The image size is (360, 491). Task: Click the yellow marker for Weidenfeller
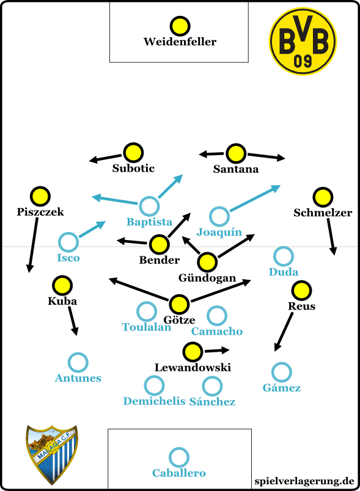point(180,26)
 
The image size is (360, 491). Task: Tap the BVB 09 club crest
point(303,42)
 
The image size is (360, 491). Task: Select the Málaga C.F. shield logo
point(52,454)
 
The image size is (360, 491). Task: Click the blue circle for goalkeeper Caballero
point(179,457)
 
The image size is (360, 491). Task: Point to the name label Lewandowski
point(193,367)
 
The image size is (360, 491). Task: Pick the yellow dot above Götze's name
point(179,304)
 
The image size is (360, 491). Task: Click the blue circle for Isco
point(68,242)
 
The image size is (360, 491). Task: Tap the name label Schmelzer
point(323,213)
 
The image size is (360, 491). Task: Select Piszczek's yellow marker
point(40,196)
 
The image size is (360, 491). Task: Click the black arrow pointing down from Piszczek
point(33,245)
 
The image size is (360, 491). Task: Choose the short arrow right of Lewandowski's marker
point(217,351)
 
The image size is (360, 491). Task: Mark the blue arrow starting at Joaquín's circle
point(255,198)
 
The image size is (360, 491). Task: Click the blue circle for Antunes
point(78,362)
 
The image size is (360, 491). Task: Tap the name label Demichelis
point(154,401)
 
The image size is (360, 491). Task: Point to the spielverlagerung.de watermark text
point(304,481)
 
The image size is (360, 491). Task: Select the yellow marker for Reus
point(301,290)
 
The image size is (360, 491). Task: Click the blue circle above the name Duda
point(283,256)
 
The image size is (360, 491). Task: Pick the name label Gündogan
point(207,278)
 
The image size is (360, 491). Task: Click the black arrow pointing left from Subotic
point(105,158)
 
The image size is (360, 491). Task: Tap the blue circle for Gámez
point(282,373)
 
